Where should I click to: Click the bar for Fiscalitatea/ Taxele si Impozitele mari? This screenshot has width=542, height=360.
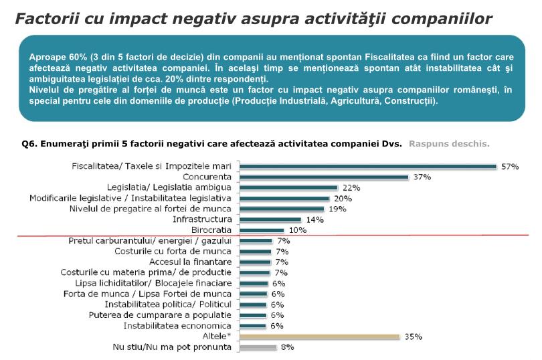click(x=368, y=166)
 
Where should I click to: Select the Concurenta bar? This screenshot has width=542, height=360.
click(x=324, y=177)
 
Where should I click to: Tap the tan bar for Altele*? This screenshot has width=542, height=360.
click(x=319, y=337)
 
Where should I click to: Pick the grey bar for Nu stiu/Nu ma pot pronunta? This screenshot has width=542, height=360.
click(x=258, y=347)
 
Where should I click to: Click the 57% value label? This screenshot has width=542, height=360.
click(x=511, y=166)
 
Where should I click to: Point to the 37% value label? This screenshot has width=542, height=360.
click(x=422, y=177)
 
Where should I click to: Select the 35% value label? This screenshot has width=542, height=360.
click(x=414, y=337)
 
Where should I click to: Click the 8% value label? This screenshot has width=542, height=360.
click(x=287, y=347)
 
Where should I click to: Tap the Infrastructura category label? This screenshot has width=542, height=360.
click(x=202, y=219)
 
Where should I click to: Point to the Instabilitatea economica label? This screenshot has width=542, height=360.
click(x=178, y=326)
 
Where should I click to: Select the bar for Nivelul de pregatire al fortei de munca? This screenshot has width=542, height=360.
click(x=282, y=209)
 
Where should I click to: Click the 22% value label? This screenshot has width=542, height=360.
click(x=351, y=187)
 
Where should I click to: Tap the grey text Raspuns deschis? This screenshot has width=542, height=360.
click(x=449, y=143)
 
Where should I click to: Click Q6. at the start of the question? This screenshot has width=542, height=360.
click(x=29, y=143)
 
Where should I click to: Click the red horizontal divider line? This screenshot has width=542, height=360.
click(x=401, y=236)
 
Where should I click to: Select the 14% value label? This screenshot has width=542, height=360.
click(x=314, y=219)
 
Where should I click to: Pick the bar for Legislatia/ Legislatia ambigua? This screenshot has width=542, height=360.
click(x=288, y=187)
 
